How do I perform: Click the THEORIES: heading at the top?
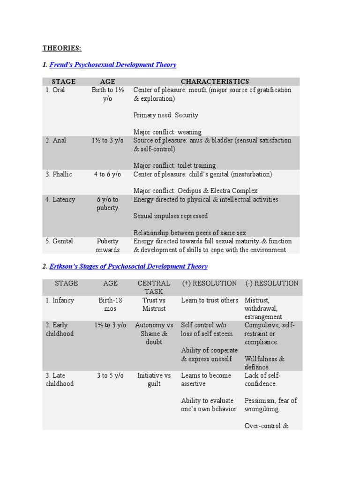(62, 48)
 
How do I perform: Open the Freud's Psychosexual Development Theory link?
(112, 65)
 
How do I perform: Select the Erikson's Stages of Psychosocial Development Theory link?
(128, 266)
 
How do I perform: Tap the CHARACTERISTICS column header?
(215, 82)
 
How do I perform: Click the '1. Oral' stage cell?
(55, 90)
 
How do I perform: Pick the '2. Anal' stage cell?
(56, 140)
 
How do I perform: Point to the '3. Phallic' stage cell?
(59, 174)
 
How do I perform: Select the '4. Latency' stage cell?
(60, 199)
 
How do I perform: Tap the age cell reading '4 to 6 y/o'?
(107, 174)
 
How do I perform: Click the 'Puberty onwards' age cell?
(107, 245)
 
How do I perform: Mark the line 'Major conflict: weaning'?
(167, 132)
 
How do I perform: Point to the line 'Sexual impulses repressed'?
(171, 216)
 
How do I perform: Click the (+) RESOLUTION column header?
(209, 283)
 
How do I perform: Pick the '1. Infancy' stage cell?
(60, 300)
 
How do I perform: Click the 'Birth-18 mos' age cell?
(107, 304)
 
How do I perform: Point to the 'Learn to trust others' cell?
(210, 300)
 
